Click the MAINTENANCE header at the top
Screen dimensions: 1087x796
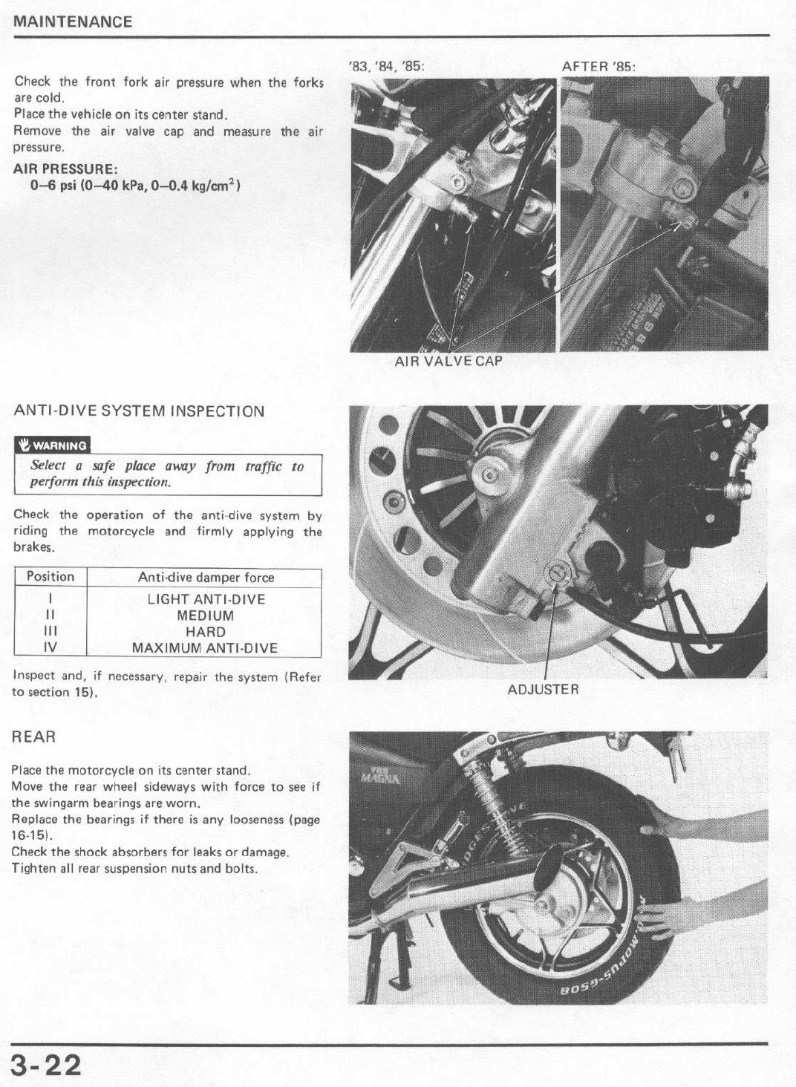[x=73, y=22]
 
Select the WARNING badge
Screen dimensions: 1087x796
[x=52, y=445]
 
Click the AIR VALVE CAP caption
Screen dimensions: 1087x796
[x=448, y=362]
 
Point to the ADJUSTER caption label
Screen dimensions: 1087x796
[x=543, y=690]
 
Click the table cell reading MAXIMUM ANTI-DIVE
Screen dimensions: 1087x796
[x=205, y=648]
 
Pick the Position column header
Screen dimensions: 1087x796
[x=50, y=577]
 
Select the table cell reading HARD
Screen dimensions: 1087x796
[x=206, y=632]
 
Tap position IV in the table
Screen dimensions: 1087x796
[x=50, y=648]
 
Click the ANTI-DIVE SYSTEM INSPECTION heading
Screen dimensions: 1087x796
[x=139, y=411]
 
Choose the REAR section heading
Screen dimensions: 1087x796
[x=33, y=737]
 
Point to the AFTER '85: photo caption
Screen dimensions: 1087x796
[x=598, y=66]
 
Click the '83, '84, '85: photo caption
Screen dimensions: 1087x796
[x=387, y=66]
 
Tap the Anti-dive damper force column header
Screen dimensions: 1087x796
[x=206, y=578]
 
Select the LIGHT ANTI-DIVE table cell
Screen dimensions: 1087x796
[x=206, y=599]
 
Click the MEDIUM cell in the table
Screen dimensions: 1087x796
[x=206, y=616]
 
